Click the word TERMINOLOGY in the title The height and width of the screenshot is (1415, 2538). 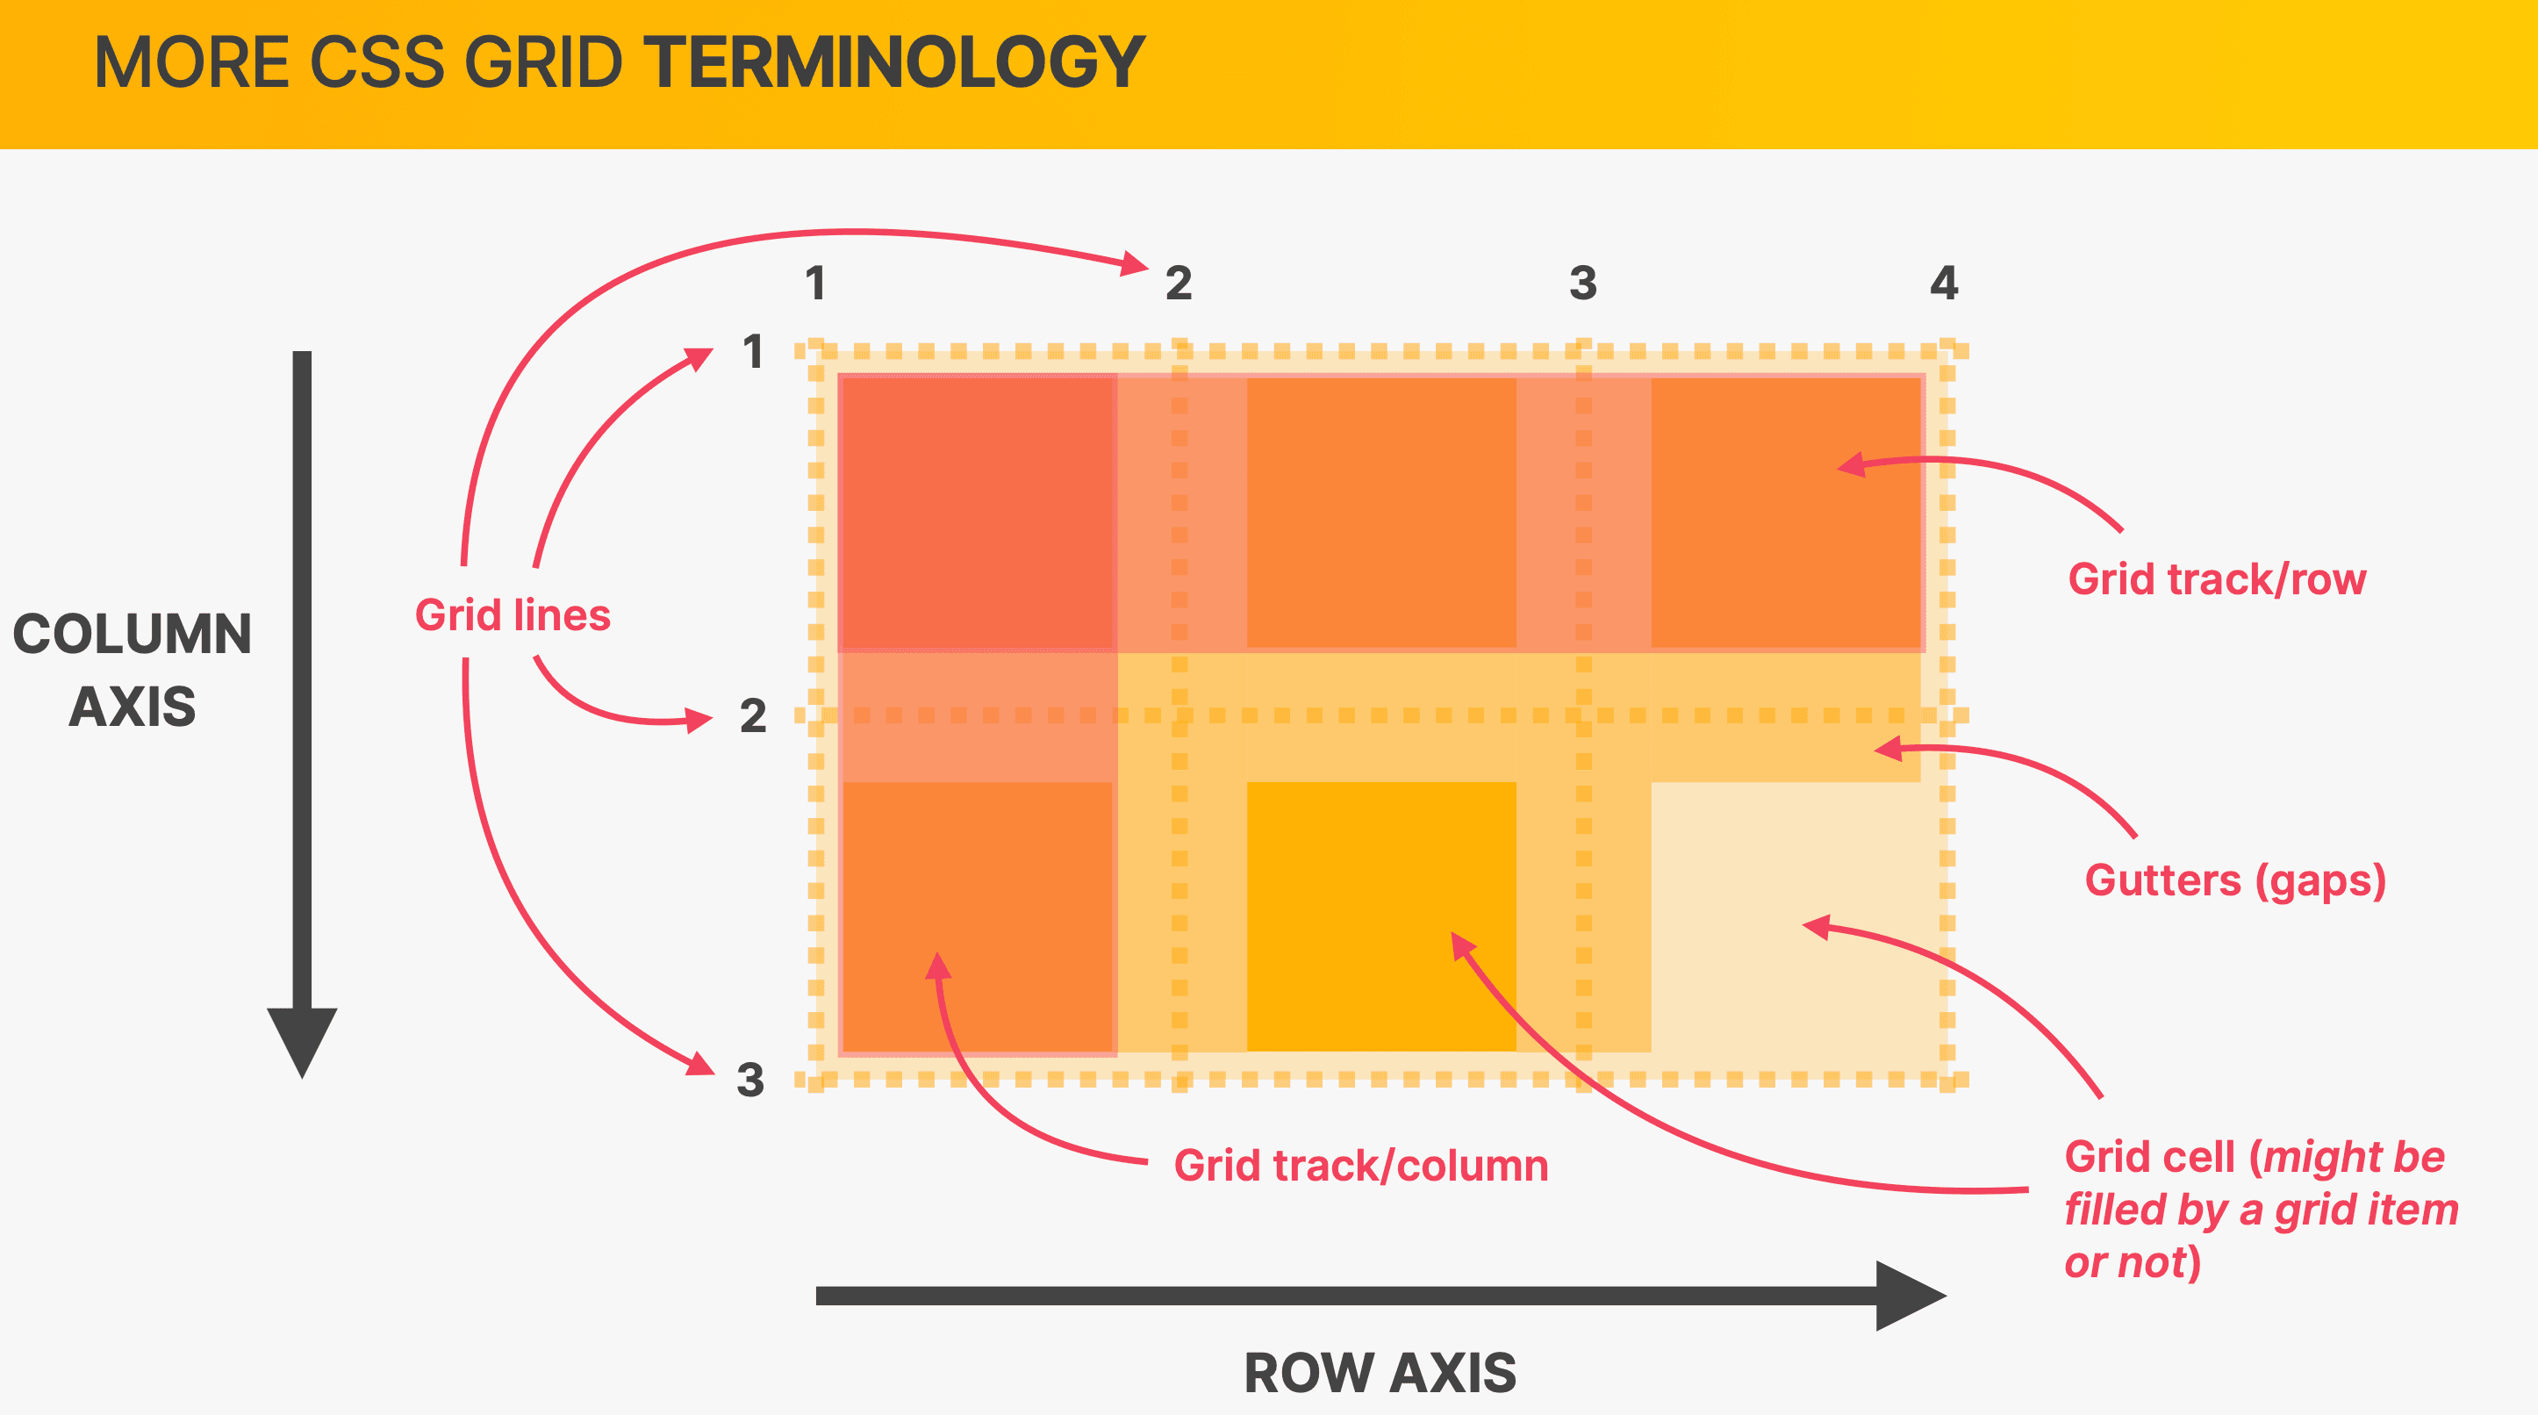pos(893,62)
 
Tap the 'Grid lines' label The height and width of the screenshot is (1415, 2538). pos(513,614)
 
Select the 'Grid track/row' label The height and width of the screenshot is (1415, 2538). pos(2217,579)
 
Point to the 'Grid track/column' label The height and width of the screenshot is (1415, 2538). pos(1360,1166)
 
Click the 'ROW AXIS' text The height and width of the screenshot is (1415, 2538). pos(1380,1373)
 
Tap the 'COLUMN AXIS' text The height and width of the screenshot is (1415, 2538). pos(132,670)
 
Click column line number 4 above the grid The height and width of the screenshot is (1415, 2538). pos(1944,283)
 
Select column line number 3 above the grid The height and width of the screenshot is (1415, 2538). pos(1582,283)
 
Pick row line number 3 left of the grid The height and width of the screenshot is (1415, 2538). pos(750,1080)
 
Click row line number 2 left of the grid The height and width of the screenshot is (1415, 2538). pos(753,715)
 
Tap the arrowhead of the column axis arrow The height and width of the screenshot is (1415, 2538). pos(303,1043)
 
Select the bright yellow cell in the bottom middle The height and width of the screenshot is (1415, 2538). pos(1381,916)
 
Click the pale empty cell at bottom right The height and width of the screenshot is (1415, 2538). pos(1786,916)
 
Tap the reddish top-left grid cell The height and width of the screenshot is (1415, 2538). pos(978,513)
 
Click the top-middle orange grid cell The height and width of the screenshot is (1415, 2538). pos(1381,513)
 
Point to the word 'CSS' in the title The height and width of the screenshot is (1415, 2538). pos(377,62)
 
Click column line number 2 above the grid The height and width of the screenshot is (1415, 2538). pos(1179,283)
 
